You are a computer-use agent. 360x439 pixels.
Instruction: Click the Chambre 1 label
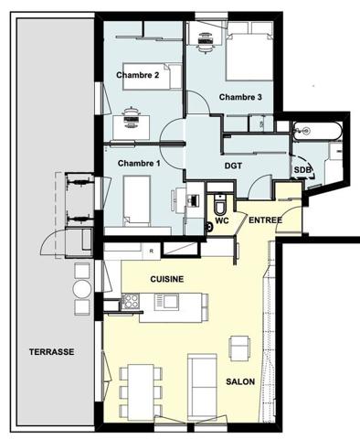click(139, 164)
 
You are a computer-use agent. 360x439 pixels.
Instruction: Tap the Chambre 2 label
click(138, 75)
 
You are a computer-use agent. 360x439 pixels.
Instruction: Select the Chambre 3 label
click(240, 97)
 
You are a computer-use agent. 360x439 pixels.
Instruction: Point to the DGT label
click(233, 166)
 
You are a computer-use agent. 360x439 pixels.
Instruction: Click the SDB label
click(302, 169)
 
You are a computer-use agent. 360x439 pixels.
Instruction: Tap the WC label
click(222, 220)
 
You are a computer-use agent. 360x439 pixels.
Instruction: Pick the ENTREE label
click(265, 220)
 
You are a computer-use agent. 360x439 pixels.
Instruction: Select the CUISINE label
click(167, 279)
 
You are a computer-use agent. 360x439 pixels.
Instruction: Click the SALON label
click(240, 381)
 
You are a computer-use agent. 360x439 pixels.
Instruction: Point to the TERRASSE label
click(52, 352)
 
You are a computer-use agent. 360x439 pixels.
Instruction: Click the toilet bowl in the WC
click(219, 205)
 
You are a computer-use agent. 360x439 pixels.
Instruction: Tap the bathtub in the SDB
click(317, 131)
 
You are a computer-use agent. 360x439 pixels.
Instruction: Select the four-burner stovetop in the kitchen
click(131, 301)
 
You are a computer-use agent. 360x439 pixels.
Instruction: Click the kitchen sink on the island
click(166, 302)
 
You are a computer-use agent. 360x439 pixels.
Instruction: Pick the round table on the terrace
click(82, 289)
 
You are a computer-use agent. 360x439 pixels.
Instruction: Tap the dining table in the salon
click(141, 391)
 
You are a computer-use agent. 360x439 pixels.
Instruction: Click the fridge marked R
click(151, 252)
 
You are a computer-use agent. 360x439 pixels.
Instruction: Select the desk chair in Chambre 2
click(132, 118)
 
